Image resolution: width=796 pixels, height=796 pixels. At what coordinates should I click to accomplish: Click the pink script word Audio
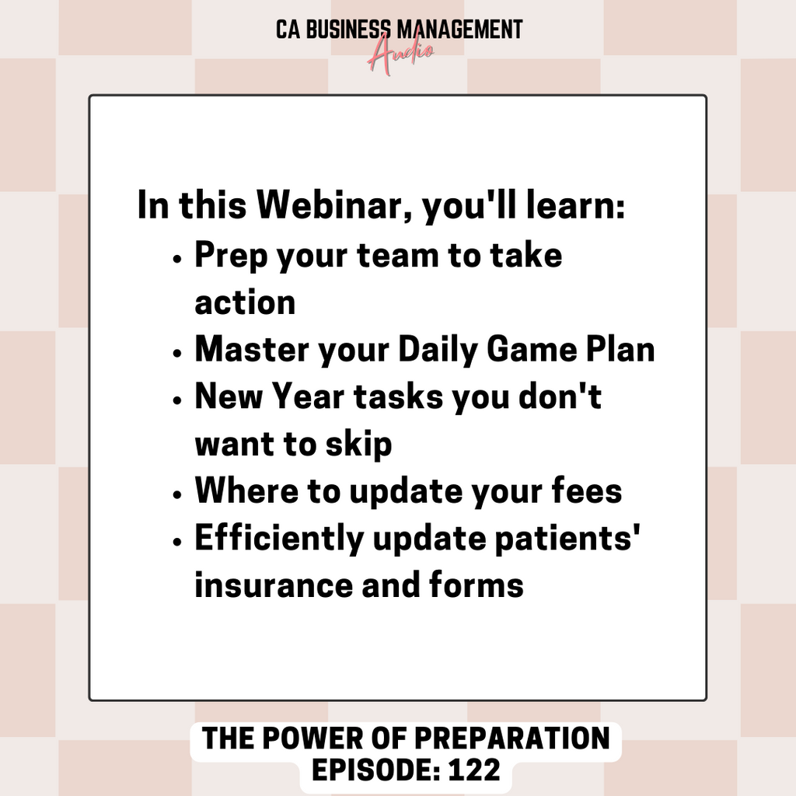[400, 55]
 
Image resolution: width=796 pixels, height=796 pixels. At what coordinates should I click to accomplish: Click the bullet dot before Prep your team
[176, 258]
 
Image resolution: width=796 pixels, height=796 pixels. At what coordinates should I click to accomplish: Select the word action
[245, 302]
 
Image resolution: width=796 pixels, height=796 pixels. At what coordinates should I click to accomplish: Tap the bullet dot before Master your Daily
[176, 353]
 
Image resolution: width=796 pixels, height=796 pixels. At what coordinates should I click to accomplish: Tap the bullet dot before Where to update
[176, 494]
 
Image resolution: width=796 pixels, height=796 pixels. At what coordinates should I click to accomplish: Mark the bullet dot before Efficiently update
[176, 542]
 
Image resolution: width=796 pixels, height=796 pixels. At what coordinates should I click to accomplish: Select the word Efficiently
[280, 539]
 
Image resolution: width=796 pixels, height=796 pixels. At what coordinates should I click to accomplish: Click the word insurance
[274, 585]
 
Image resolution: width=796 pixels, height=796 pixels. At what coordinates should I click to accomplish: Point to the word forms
[477, 585]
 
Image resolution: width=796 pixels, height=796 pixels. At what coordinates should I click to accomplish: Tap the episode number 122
[475, 770]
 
